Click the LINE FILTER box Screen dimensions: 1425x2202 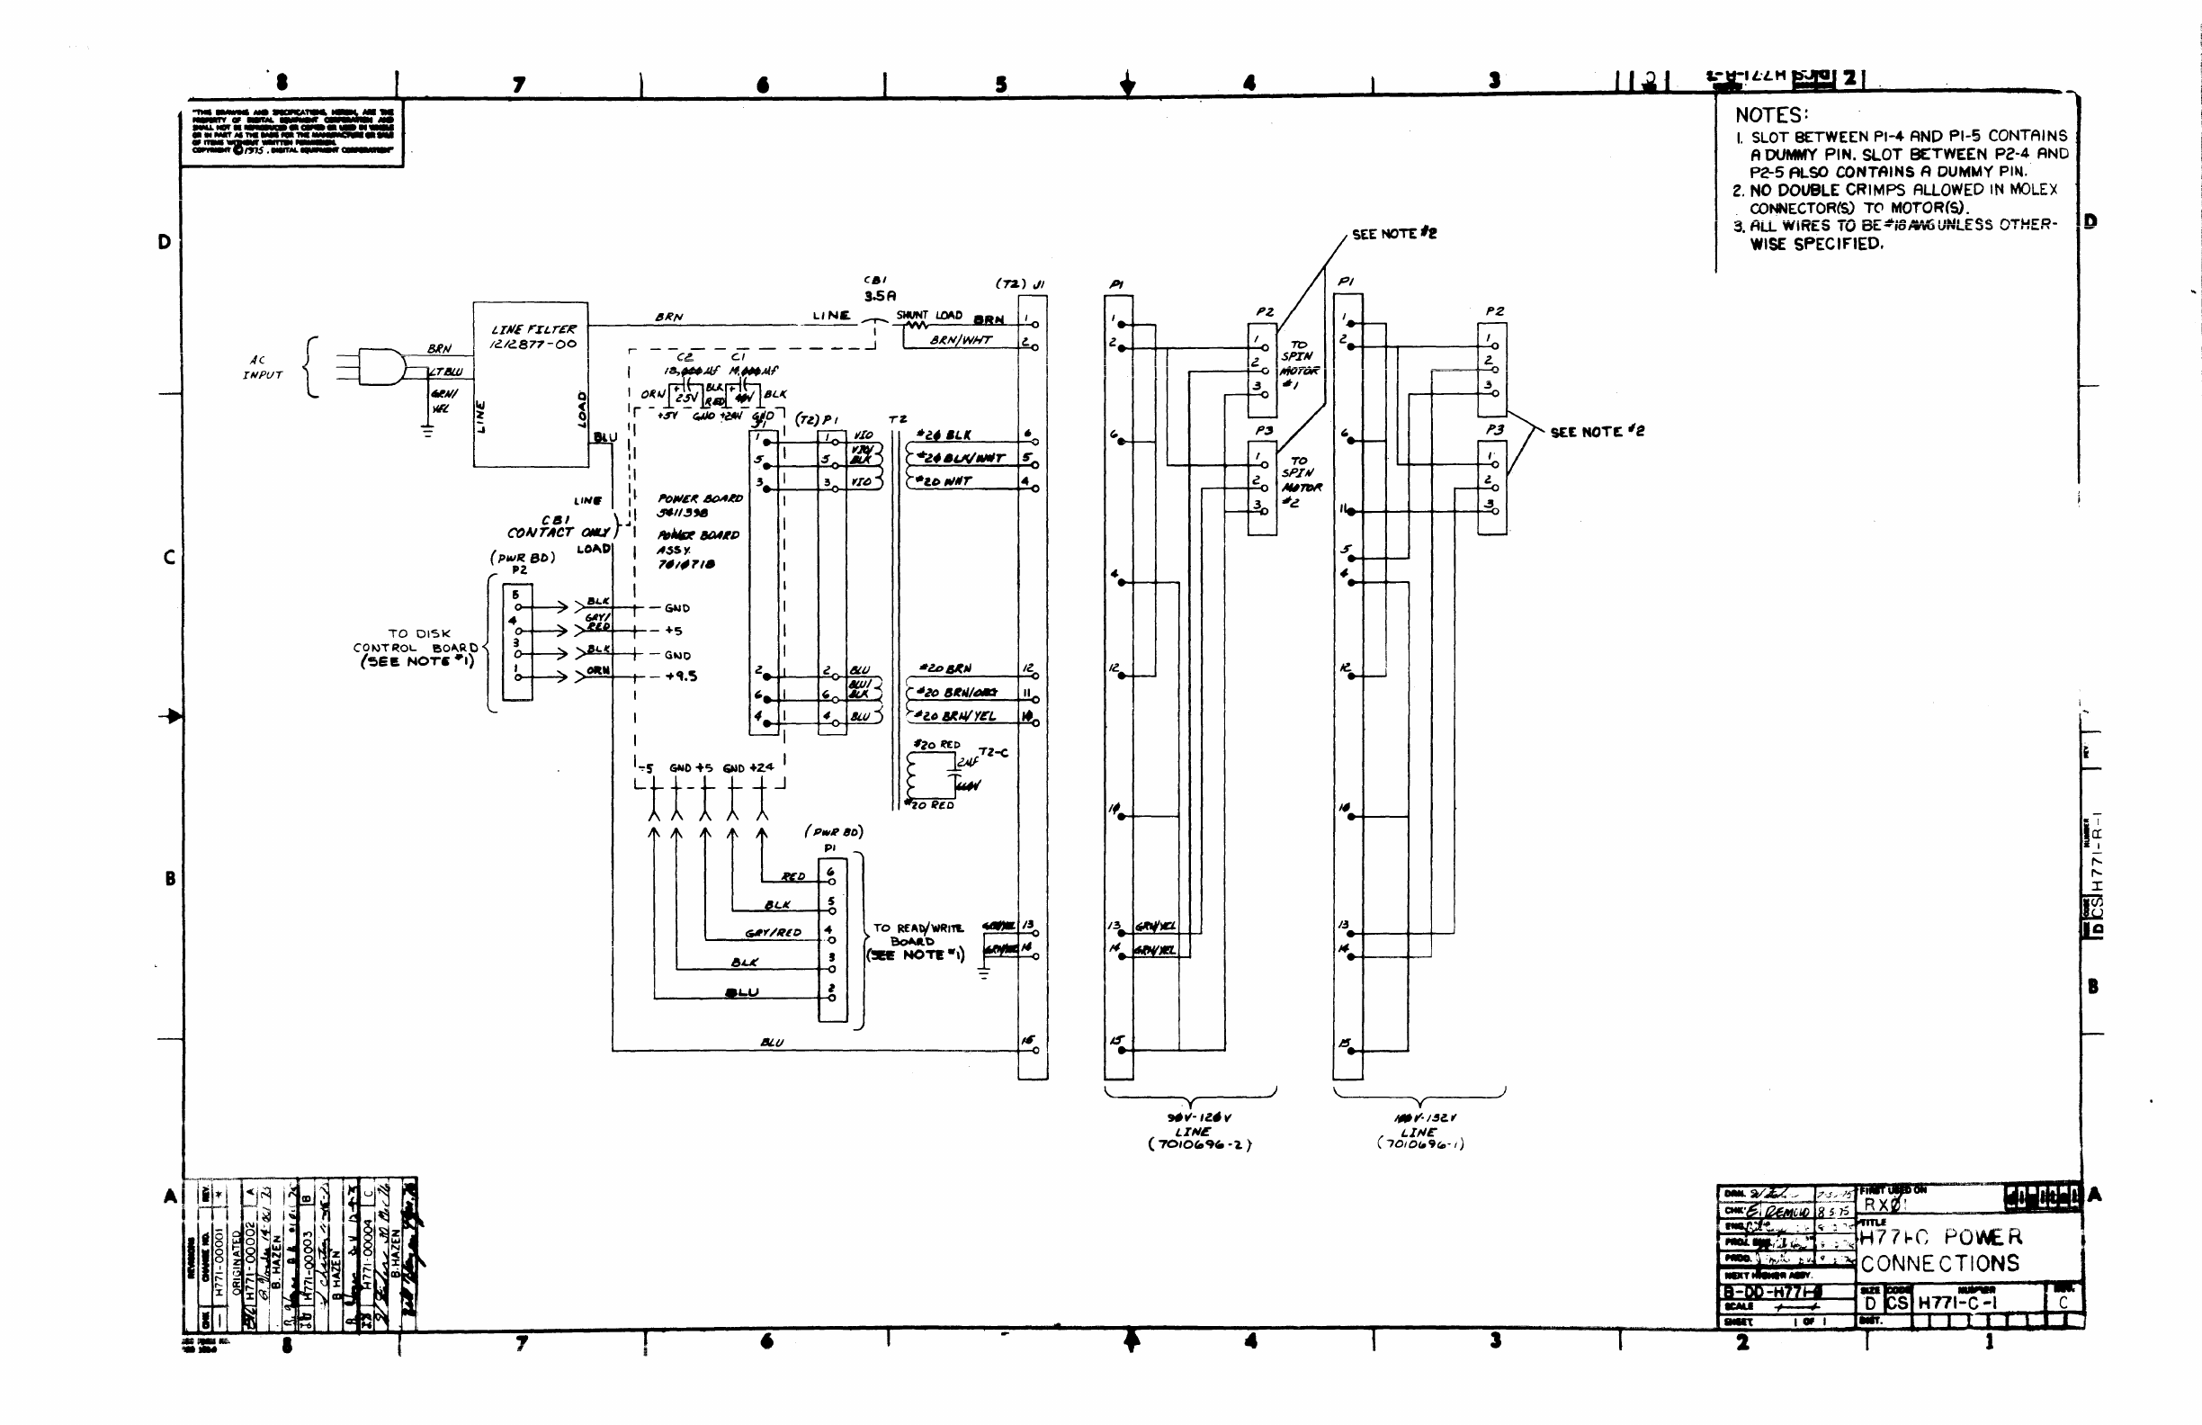[x=530, y=384]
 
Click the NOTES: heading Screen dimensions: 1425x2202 [x=1771, y=116]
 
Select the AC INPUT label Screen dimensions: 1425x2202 [x=261, y=367]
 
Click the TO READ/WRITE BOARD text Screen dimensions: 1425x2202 [x=917, y=941]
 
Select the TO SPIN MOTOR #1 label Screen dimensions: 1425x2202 [x=1299, y=363]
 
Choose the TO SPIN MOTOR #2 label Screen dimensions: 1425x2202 [x=1301, y=481]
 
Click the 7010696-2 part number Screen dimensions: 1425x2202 [x=1199, y=1144]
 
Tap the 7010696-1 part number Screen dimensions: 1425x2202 [x=1420, y=1143]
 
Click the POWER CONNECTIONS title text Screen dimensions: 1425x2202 [x=1940, y=1251]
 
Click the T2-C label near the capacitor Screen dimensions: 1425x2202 [x=994, y=752]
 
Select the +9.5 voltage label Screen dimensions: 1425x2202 [x=681, y=677]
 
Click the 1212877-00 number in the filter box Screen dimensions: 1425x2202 [x=533, y=345]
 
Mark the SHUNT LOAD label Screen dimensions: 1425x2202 [x=929, y=316]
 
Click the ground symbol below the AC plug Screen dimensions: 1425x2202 [x=427, y=430]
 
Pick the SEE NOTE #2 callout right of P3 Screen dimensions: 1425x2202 [x=1598, y=431]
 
